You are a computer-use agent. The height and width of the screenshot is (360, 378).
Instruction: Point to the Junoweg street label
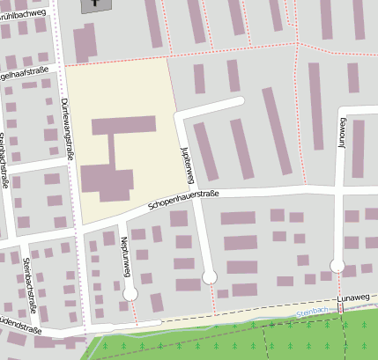(x=343, y=151)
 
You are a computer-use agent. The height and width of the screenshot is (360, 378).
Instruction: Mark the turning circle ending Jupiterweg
(x=210, y=276)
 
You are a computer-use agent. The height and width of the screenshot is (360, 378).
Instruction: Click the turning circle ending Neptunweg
(x=131, y=293)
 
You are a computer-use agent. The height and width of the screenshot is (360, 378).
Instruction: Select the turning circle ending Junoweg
(x=337, y=264)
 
